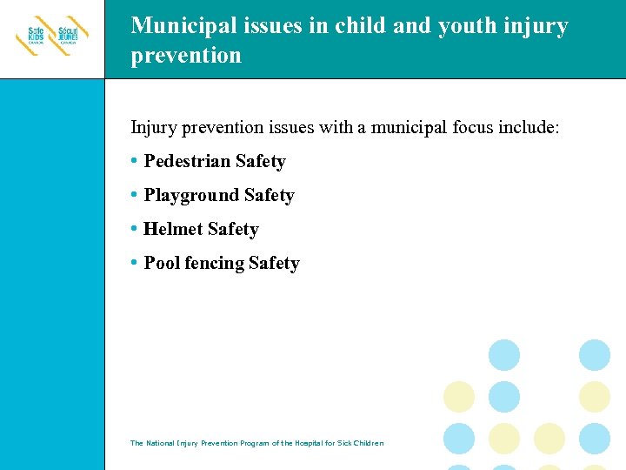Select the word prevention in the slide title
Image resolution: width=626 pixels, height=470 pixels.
[x=186, y=56]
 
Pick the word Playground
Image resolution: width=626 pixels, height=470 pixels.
[x=191, y=195]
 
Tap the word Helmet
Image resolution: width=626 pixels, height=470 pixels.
[x=173, y=229]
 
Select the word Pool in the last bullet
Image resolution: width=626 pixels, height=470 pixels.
[x=162, y=263]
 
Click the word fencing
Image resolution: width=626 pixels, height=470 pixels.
[x=215, y=263]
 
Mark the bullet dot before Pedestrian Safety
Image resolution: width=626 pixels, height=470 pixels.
[x=134, y=161]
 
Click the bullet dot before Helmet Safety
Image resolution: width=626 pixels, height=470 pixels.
[x=134, y=229]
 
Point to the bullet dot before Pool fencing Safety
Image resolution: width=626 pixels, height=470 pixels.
[x=134, y=263]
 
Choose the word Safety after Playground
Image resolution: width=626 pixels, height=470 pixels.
[x=269, y=195]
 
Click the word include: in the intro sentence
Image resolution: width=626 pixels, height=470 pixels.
[x=529, y=128]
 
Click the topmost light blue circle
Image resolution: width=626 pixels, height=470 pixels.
[x=504, y=355]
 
